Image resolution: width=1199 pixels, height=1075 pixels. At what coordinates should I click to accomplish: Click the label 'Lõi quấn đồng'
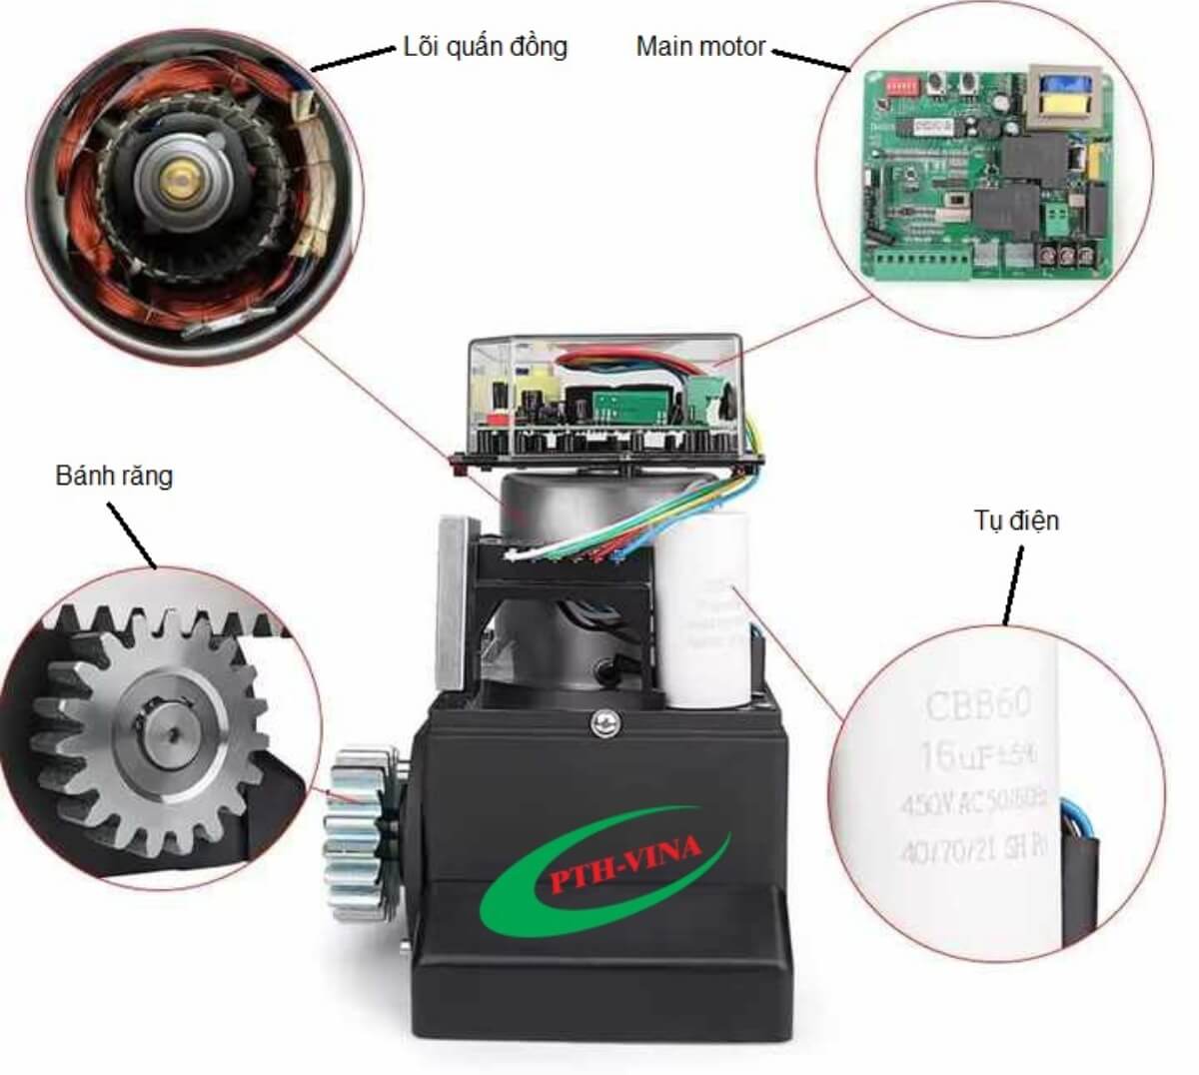coord(485,46)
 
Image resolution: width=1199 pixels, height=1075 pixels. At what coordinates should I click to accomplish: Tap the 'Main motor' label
coord(700,46)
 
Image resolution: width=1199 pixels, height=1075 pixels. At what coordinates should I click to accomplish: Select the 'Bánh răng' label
coord(113,476)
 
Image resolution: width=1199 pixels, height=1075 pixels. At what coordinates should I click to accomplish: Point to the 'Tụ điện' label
coord(1015,521)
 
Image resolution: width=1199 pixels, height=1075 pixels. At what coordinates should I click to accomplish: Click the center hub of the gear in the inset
coord(165,730)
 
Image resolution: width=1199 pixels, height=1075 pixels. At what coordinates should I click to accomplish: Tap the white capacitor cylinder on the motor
coord(707,609)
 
